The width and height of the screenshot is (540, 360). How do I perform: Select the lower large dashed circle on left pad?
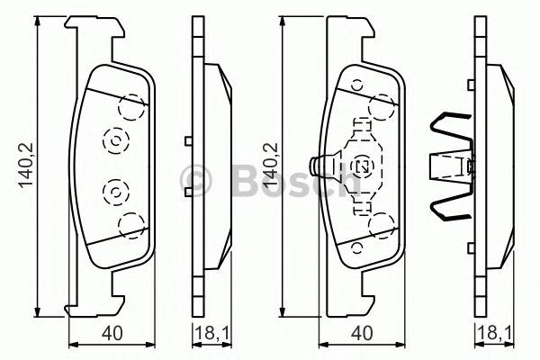point(131,223)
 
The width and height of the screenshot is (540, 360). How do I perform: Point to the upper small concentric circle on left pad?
point(115,139)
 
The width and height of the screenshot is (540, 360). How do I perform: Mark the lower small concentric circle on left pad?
point(115,192)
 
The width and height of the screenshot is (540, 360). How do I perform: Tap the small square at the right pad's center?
point(364,166)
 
